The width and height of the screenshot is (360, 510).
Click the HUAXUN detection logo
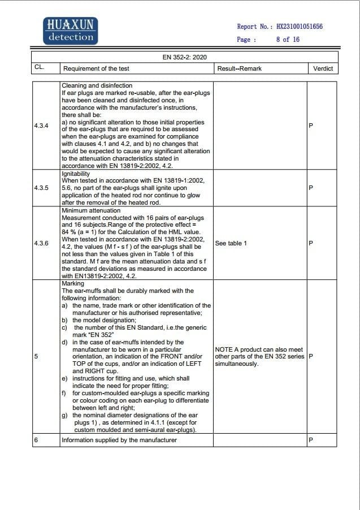71,31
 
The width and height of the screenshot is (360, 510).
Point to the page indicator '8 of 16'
288,40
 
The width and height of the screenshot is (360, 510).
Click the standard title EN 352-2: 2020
184,58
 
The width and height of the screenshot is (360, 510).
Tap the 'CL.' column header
40,68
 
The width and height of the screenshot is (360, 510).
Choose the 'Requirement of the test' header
96,69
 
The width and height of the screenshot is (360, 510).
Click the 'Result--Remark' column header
239,69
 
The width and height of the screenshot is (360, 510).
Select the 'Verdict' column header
323,69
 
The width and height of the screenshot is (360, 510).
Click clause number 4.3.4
41,126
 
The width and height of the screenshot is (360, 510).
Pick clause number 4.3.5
41,187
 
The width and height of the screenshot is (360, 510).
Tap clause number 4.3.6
41,243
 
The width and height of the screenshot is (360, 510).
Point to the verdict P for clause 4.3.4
311,126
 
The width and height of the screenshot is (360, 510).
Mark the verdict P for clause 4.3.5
311,187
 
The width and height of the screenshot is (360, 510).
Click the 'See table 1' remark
231,243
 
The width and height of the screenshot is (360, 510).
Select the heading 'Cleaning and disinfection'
97,85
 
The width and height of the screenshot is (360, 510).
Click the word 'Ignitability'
76,174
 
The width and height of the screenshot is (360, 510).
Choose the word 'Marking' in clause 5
73,284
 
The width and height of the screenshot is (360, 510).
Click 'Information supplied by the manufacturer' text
119,440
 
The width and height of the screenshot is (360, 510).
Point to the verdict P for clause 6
311,440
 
